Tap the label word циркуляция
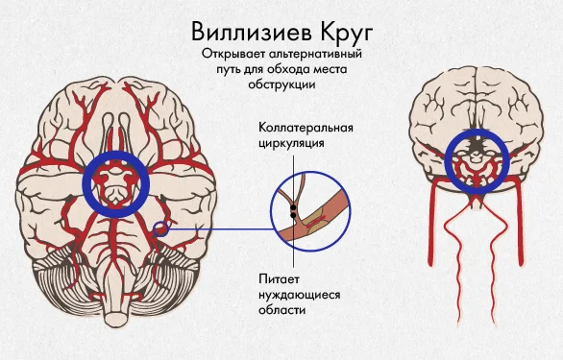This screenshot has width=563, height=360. click(x=290, y=144)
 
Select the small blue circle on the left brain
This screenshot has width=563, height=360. click(x=161, y=228)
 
